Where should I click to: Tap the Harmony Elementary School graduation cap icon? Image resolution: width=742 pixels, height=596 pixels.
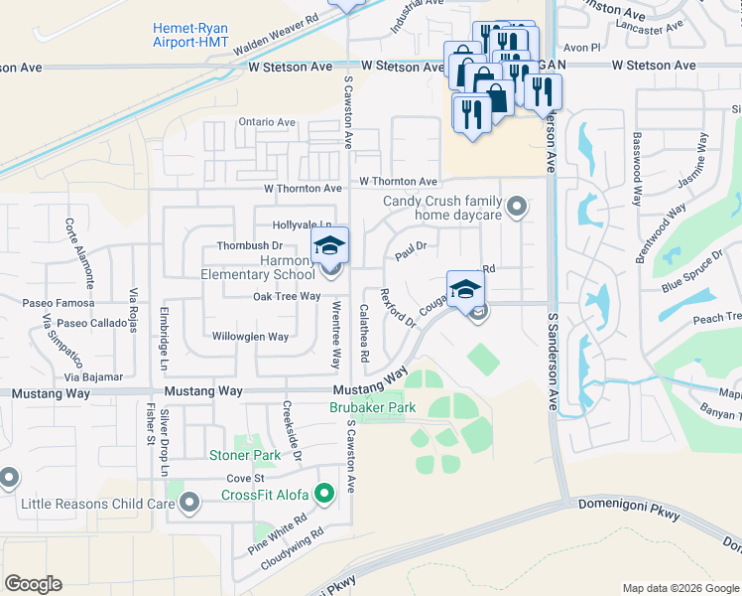[x=330, y=245]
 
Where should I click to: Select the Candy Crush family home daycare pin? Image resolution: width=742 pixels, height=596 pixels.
[x=516, y=208]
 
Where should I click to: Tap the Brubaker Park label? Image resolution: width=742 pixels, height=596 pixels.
[x=369, y=407]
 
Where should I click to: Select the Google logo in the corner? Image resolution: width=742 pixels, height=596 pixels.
[x=33, y=583]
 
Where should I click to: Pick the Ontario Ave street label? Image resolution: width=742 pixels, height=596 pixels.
[x=267, y=122]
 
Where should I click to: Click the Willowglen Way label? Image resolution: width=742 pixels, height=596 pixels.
[x=250, y=337]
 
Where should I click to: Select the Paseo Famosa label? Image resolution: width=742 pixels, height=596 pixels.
[x=62, y=303]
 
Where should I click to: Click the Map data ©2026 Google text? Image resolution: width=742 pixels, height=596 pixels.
[x=680, y=588]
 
